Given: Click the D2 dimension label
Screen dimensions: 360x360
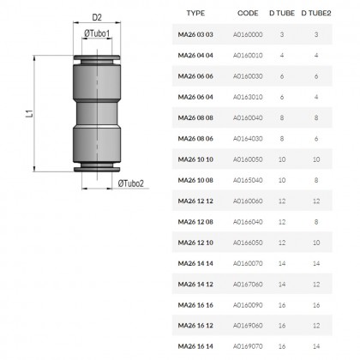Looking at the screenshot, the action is click(x=97, y=17).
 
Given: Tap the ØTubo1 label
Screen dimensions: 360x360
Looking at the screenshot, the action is click(x=97, y=33).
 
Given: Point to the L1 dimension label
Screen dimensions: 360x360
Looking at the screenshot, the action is click(x=30, y=113).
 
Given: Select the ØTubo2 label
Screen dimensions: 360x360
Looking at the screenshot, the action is click(x=131, y=183).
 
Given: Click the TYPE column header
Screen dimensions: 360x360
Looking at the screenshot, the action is click(x=195, y=13).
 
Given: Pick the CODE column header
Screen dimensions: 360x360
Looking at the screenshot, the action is click(x=248, y=13).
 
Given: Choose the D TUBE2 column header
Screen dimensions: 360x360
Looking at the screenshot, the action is click(x=316, y=13).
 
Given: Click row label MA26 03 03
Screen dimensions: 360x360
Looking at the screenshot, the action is click(x=195, y=34).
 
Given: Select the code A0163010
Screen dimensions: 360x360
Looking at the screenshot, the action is click(x=248, y=97).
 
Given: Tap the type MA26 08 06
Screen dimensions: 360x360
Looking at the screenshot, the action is click(x=195, y=139).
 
